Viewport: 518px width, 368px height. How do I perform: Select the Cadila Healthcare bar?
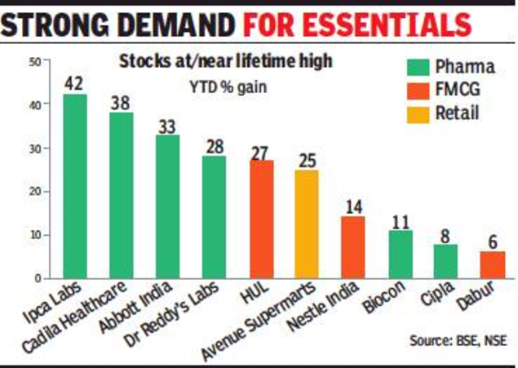pyautogui.click(x=122, y=195)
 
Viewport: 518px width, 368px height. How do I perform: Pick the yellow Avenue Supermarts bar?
pyautogui.click(x=308, y=224)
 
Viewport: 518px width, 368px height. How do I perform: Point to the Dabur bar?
pyautogui.click(x=492, y=264)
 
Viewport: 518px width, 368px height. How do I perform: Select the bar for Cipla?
pyautogui.click(x=445, y=261)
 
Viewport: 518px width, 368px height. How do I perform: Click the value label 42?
pyautogui.click(x=74, y=83)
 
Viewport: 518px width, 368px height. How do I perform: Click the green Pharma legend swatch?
pyautogui.click(x=418, y=66)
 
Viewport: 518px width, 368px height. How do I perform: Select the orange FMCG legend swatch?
pyautogui.click(x=418, y=88)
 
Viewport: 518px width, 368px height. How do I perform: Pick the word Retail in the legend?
pyautogui.click(x=458, y=111)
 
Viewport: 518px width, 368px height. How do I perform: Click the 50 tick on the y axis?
pyautogui.click(x=35, y=62)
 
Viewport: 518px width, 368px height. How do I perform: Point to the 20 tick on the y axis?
pyautogui.click(x=35, y=192)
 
